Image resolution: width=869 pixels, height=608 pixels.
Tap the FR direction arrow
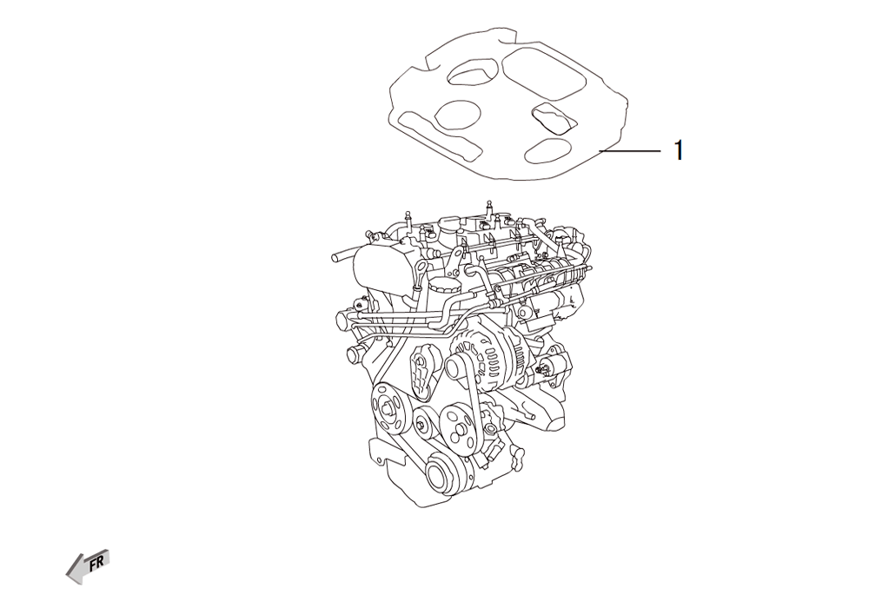click(x=88, y=566)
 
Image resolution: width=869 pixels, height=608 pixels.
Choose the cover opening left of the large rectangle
click(x=470, y=73)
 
